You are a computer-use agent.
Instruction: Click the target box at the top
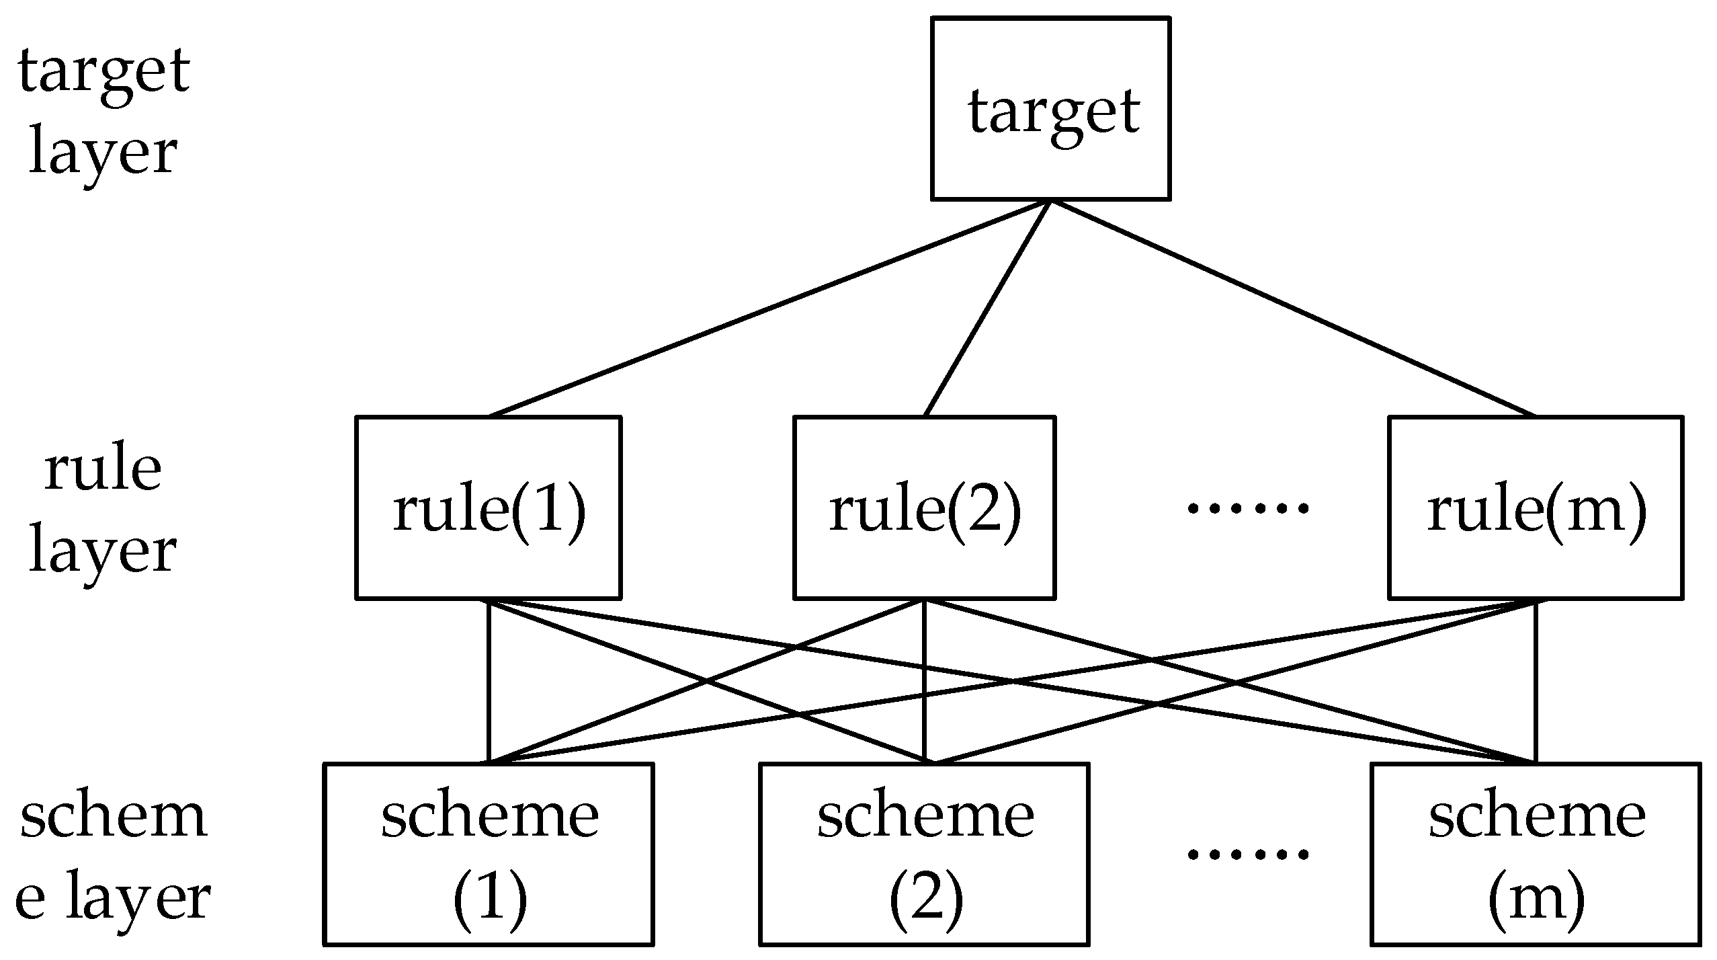pos(1050,109)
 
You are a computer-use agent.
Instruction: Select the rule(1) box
pos(488,508)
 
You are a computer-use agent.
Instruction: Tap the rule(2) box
pos(924,508)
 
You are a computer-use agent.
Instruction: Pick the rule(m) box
pos(1536,508)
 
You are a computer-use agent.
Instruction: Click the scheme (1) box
pos(489,854)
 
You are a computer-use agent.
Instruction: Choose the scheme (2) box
pos(924,854)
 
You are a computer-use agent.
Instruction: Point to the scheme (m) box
pos(1536,854)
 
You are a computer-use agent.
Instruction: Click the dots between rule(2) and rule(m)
pos(1249,508)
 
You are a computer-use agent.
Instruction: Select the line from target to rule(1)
pos(769,308)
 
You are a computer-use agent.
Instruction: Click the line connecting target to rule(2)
pos(987,308)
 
